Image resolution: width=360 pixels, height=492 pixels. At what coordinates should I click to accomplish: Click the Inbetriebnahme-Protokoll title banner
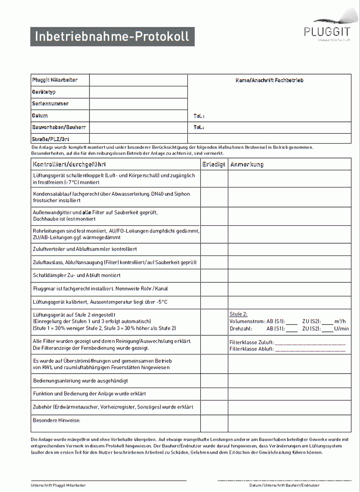pos(112,37)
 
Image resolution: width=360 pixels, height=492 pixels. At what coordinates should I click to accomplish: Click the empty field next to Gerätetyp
pos(138,92)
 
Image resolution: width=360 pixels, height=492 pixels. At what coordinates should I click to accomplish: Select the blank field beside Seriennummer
pos(138,104)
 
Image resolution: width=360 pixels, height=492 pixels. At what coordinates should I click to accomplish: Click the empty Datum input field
pos(138,116)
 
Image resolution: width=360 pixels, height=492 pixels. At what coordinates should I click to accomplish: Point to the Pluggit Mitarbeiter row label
pos(55,80)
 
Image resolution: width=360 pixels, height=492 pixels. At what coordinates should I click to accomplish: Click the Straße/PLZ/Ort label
pos(50,139)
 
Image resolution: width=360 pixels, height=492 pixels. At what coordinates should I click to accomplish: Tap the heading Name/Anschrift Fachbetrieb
pos(269,80)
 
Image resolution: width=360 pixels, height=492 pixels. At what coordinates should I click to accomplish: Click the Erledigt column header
pos(214,164)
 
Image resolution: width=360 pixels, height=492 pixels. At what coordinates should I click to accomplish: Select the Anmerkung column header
pos(247,164)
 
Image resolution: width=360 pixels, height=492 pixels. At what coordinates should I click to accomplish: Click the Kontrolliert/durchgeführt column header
pos(69,164)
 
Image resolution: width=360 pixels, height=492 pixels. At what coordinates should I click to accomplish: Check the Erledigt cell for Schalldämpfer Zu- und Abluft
pos(214,276)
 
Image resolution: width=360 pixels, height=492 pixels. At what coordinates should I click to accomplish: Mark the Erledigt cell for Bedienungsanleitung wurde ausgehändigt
pos(214,381)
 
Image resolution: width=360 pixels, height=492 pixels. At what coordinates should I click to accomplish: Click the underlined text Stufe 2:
pos(238,314)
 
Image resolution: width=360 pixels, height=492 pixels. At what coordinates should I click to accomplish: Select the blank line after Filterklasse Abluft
pos(310,350)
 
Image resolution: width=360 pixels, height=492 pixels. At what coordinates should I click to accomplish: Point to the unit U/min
pos(341,329)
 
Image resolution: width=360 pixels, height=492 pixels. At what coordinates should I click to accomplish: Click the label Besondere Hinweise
pos(57,420)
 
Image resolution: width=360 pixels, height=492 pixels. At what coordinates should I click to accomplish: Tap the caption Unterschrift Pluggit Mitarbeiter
pos(58,485)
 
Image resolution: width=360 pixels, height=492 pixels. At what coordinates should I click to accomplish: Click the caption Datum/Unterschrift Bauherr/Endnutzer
pos(284,485)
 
